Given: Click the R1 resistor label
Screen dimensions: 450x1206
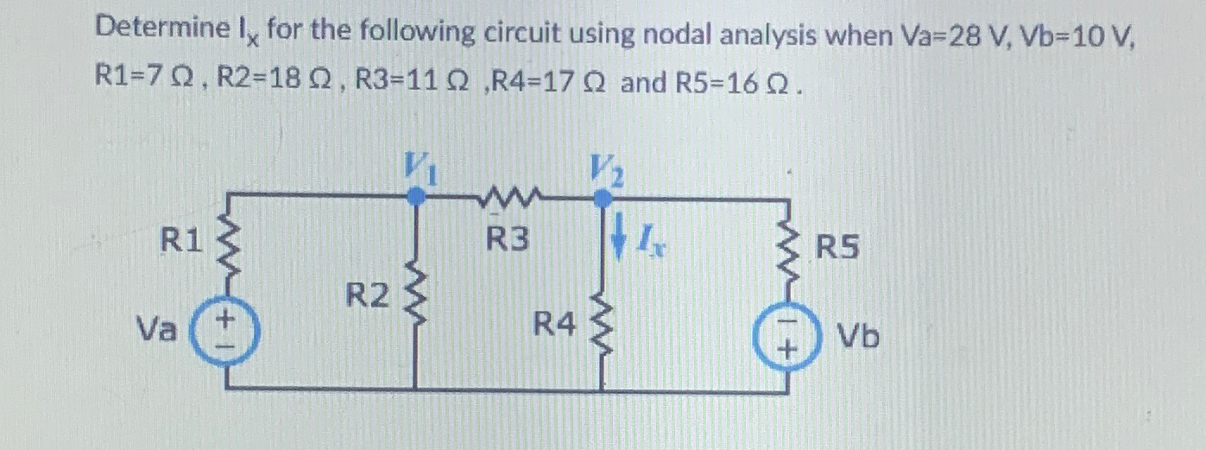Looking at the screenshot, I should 181,241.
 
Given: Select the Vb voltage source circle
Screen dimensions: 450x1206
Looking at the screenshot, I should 785,338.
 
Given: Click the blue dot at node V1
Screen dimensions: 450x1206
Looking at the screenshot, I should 417,197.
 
